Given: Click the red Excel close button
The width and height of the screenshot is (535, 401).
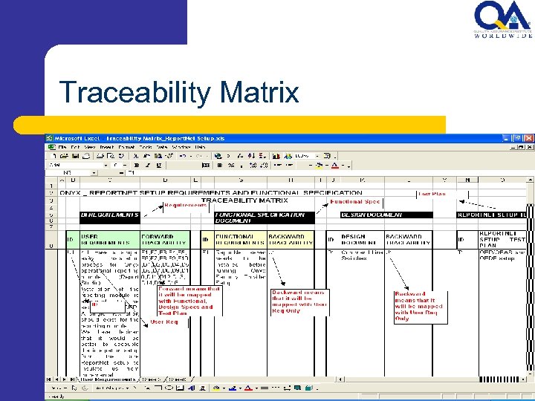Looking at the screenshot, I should (529, 137).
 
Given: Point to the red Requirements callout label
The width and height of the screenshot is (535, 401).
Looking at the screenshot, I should (185, 205).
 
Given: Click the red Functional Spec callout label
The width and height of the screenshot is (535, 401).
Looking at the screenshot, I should (355, 201).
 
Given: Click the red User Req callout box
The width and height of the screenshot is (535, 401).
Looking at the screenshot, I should (164, 322).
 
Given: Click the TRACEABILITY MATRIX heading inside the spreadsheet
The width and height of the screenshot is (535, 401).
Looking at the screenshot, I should (245, 200).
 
